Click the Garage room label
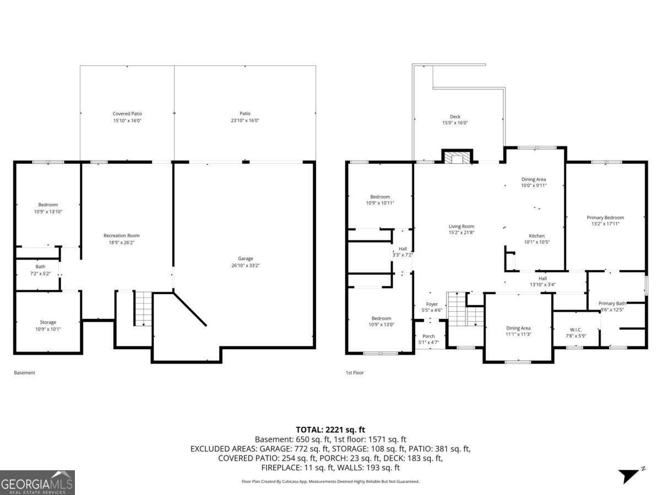[x=245, y=258]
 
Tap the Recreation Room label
[x=121, y=235]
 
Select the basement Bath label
[x=41, y=267]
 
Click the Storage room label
[x=48, y=322]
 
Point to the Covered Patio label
[x=127, y=114]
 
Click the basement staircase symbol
[x=143, y=309]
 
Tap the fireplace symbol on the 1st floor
[x=457, y=158]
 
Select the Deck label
[x=455, y=117]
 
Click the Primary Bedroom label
[x=605, y=218]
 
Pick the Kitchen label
[x=537, y=236]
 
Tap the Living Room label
[x=461, y=226]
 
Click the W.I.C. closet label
[x=576, y=329]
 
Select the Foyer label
[x=432, y=304]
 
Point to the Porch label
[x=429, y=336]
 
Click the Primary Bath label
[x=612, y=303]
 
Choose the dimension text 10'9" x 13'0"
[x=381, y=324]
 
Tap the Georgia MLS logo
[x=37, y=482]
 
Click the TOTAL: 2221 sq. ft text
[x=330, y=430]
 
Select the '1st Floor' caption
[x=354, y=372]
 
